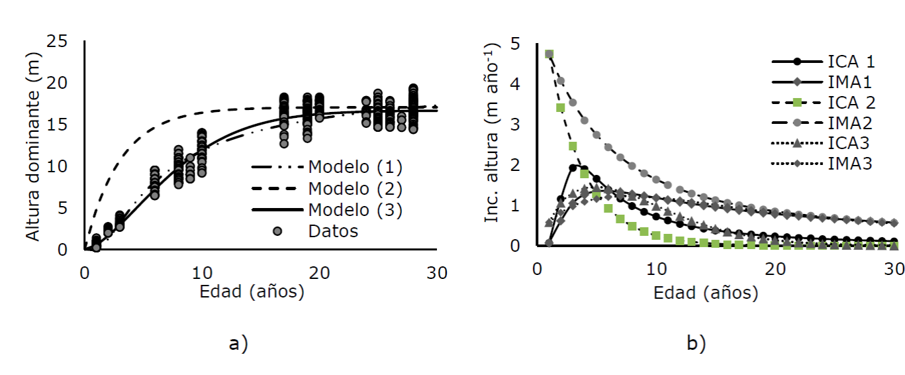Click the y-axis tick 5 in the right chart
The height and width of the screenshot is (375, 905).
(x=515, y=44)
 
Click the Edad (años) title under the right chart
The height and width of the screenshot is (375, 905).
(x=706, y=292)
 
